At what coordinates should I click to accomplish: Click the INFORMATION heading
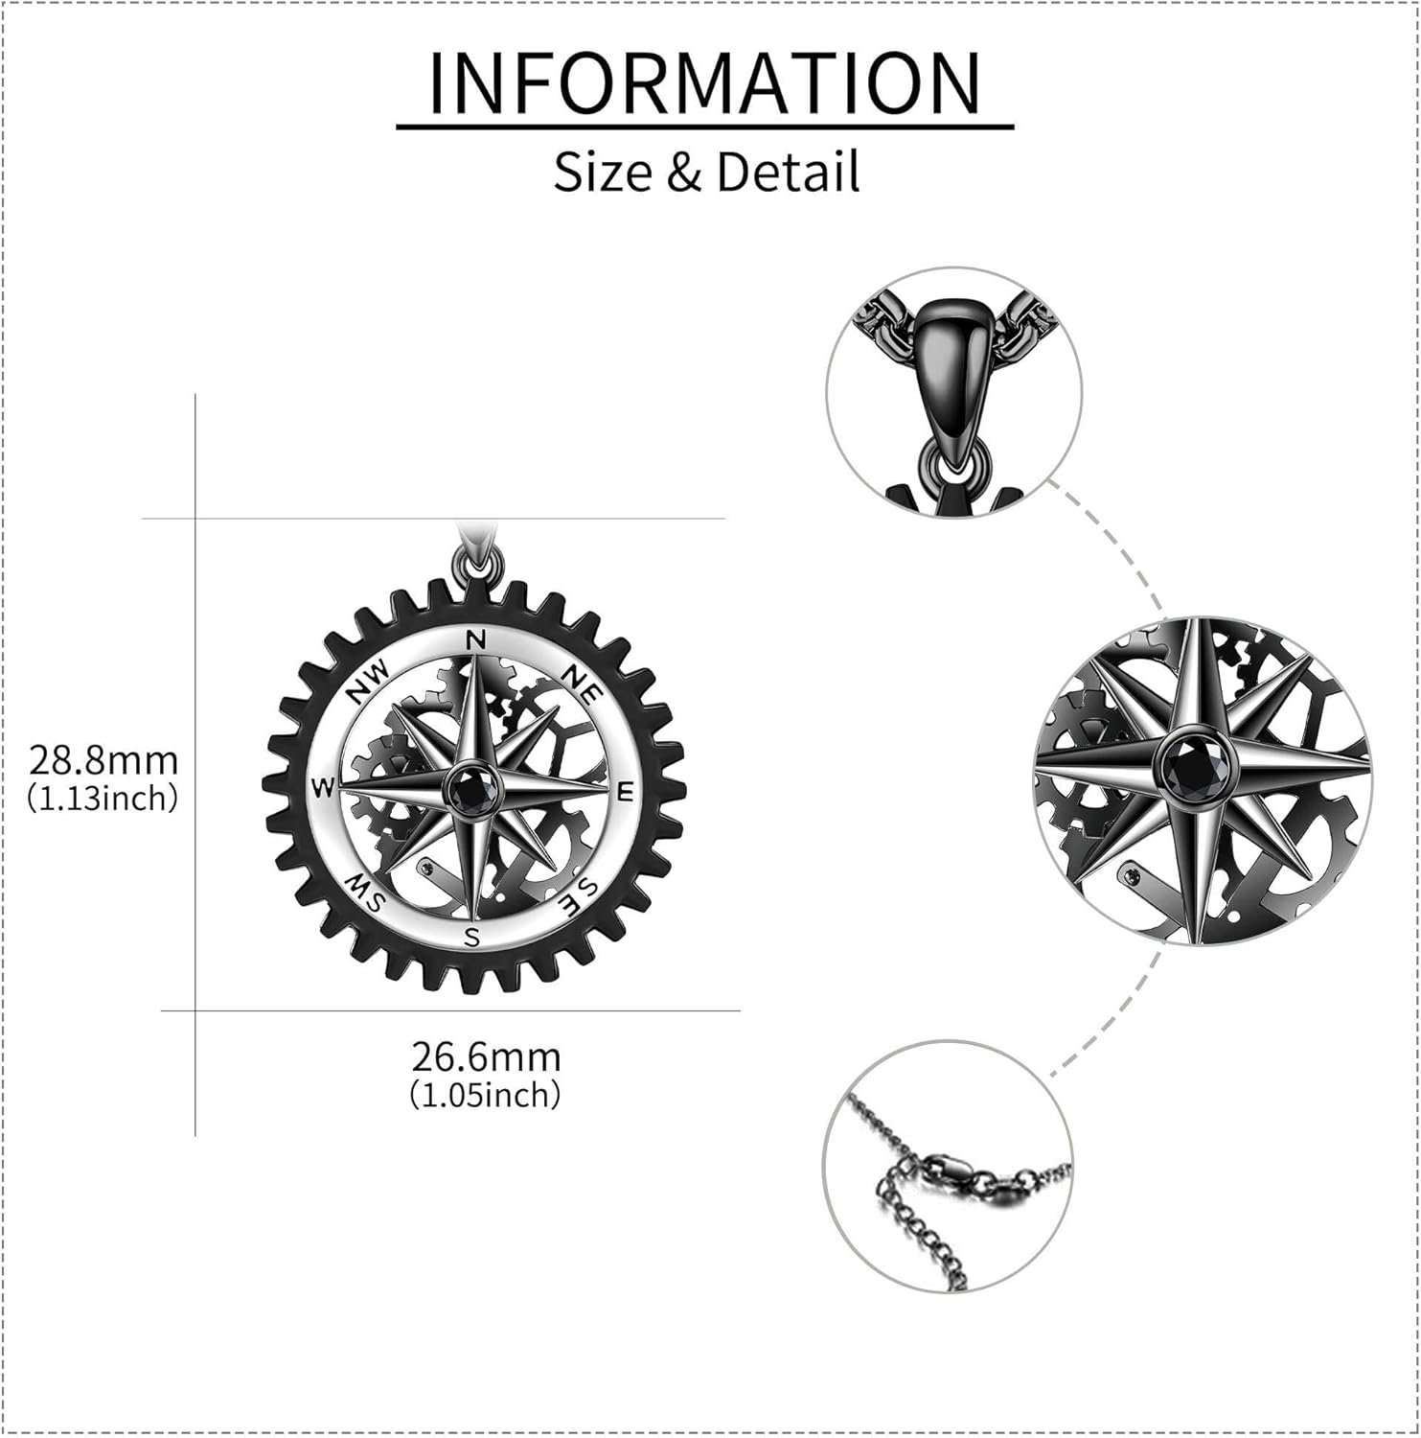(704, 83)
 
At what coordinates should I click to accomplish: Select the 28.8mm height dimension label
(103, 761)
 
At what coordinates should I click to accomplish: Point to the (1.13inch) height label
(103, 798)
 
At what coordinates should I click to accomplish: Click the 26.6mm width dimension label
(486, 1057)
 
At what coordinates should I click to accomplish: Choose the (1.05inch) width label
(486, 1095)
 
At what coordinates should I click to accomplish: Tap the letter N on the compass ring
(475, 640)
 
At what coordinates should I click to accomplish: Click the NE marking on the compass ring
(580, 683)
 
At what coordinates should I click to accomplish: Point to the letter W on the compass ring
(323, 788)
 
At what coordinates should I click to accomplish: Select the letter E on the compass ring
(626, 792)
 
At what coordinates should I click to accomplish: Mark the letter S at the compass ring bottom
(472, 937)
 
